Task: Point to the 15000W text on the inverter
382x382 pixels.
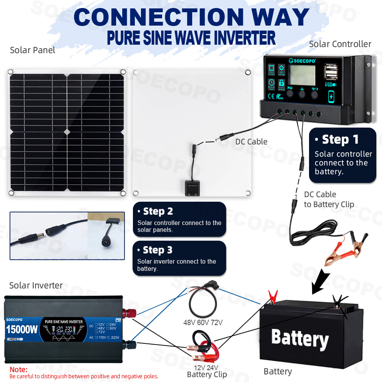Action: point(22,329)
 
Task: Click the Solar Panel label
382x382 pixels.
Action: point(32,50)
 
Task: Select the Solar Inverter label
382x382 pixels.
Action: point(36,285)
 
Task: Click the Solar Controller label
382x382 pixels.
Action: point(340,44)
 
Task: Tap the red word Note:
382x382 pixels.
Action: point(18,369)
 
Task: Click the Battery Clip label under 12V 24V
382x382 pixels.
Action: point(207,374)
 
